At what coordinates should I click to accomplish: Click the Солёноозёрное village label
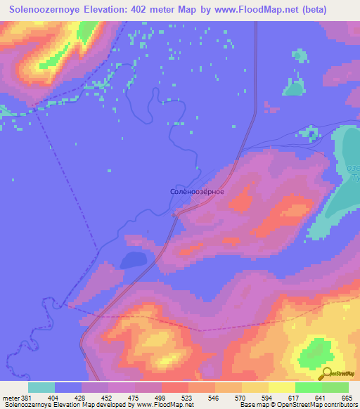click(198, 191)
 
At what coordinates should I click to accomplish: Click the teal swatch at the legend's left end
click(41, 387)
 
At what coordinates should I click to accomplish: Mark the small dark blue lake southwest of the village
click(133, 261)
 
